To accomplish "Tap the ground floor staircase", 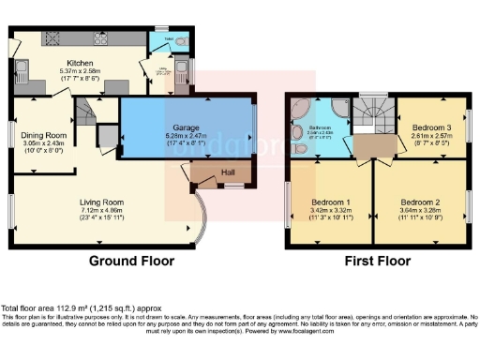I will pos(86,115).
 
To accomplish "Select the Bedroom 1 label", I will pos(330,202).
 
